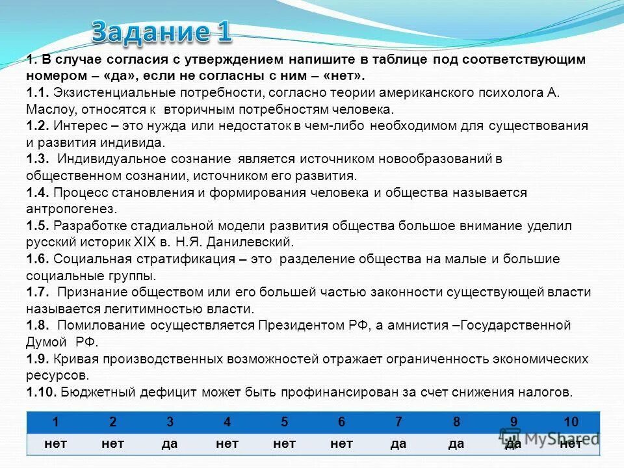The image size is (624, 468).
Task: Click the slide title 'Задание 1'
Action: [161, 31]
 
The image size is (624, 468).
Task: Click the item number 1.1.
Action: [37, 92]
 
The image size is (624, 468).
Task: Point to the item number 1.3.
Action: [37, 159]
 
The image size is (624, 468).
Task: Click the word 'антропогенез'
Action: [71, 209]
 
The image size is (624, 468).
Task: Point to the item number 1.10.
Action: [40, 392]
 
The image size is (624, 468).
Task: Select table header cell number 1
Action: [55, 422]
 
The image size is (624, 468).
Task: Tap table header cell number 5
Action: [285, 422]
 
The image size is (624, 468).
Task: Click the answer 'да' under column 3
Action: [170, 443]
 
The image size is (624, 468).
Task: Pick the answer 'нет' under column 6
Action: [342, 443]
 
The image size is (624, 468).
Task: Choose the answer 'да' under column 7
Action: [399, 443]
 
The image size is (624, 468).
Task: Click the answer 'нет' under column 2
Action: [112, 443]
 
